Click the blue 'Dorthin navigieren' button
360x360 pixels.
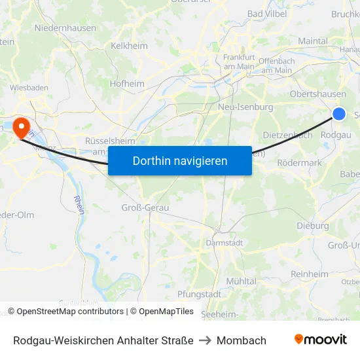click(x=180, y=160)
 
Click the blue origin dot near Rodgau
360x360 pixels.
click(x=339, y=114)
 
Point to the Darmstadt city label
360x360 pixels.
click(x=225, y=242)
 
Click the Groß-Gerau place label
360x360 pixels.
click(x=145, y=207)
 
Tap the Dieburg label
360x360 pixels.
click(x=312, y=226)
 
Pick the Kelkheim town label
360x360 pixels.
click(x=130, y=46)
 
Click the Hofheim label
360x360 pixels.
click(x=127, y=83)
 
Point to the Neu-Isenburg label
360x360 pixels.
click(x=245, y=107)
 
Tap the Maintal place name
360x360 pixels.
click(x=312, y=41)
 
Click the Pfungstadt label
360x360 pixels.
click(x=199, y=294)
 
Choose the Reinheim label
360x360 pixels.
click(x=309, y=274)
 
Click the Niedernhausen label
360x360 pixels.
click(x=65, y=28)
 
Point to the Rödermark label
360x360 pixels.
click(x=299, y=163)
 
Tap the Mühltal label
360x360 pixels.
click(x=241, y=281)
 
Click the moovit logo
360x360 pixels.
click(x=320, y=339)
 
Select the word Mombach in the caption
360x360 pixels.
click(x=242, y=340)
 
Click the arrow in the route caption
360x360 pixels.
click(x=205, y=340)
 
